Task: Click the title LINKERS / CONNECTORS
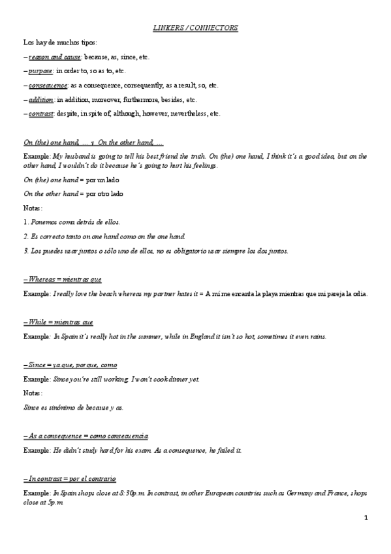pyautogui.click(x=195, y=28)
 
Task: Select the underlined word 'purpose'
pyautogui.click(x=40, y=71)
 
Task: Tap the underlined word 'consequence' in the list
pyautogui.click(x=48, y=86)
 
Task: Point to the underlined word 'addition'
pyautogui.click(x=41, y=100)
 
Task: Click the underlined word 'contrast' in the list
pyautogui.click(x=40, y=114)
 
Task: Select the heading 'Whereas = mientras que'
pyautogui.click(x=62, y=279)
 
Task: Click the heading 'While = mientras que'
pyautogui.click(x=58, y=322)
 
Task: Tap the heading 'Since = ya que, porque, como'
pyautogui.click(x=70, y=365)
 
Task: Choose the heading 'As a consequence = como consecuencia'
pyautogui.click(x=85, y=436)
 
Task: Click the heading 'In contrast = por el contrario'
pyautogui.click(x=69, y=479)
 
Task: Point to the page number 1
pyautogui.click(x=366, y=518)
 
